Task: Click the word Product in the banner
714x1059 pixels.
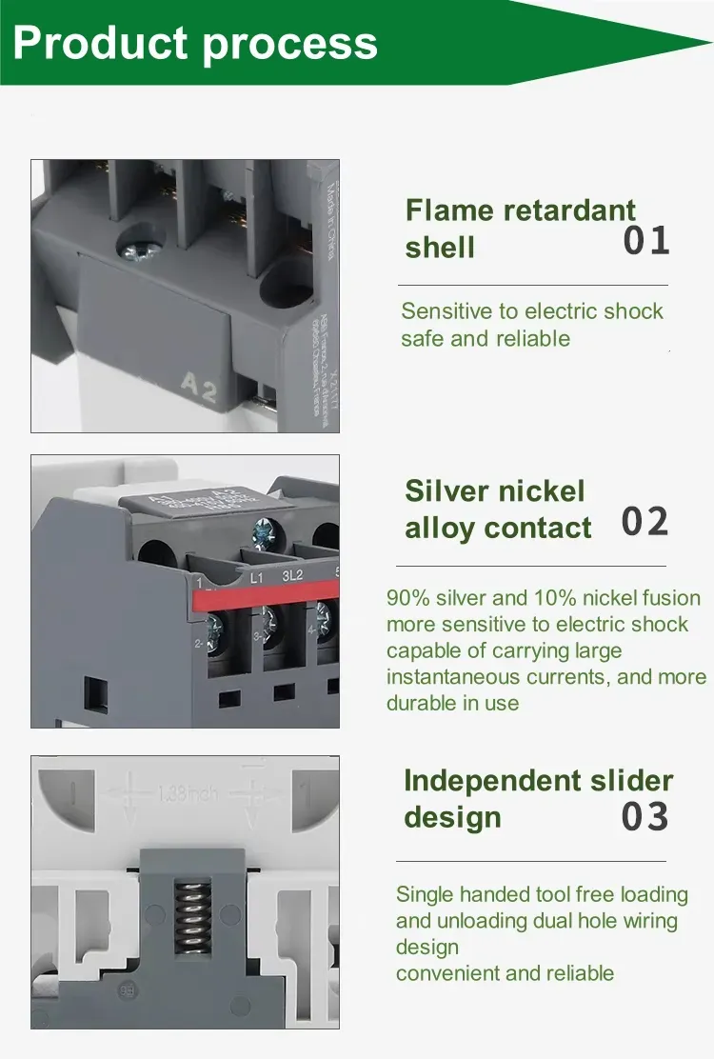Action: point(101,44)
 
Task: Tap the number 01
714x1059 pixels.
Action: point(646,241)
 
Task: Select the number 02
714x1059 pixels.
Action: point(645,522)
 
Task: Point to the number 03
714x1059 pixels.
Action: point(645,817)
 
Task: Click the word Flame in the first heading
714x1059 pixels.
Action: point(450,210)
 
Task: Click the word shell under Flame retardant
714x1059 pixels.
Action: point(440,248)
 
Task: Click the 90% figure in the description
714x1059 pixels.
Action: point(407,598)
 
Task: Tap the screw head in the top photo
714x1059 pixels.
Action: point(133,248)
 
